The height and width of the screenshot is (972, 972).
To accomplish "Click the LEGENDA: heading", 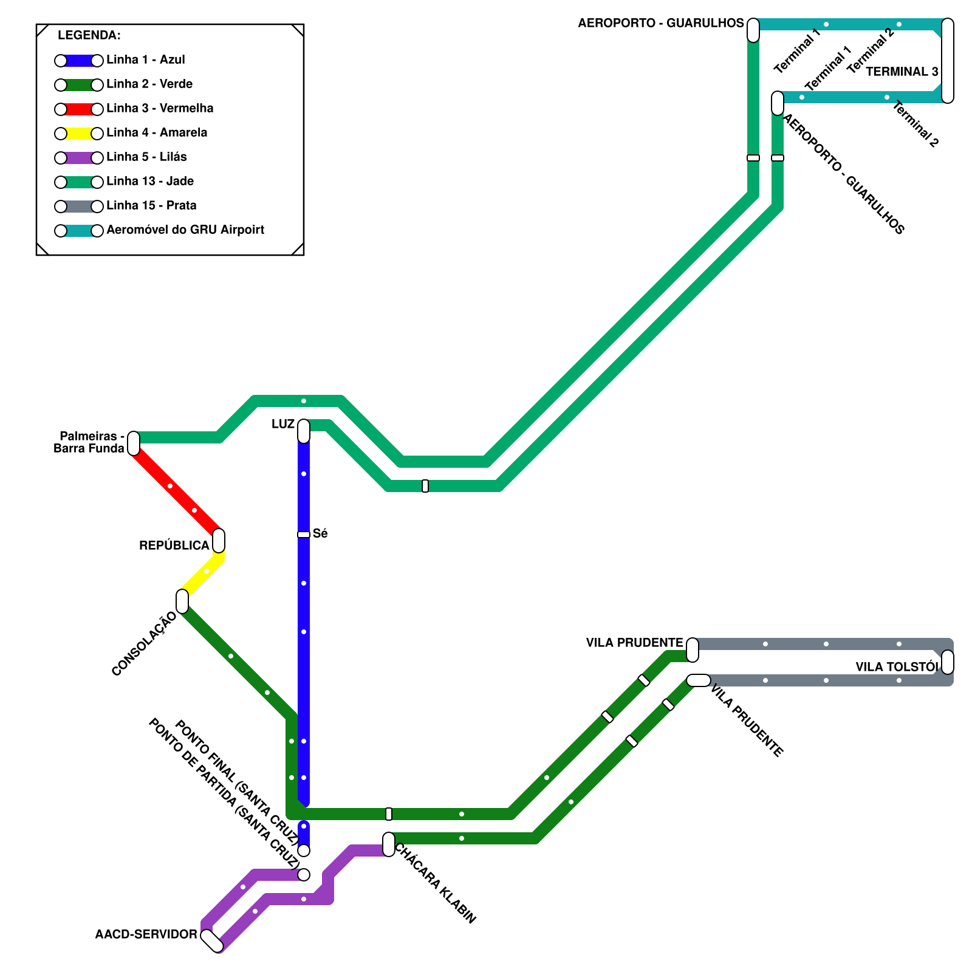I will coord(89,35).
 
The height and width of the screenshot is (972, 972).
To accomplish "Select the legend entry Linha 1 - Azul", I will coord(145,60).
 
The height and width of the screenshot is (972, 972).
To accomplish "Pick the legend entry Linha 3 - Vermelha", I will coord(160,108).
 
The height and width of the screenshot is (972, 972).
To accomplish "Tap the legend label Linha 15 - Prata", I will coord(151,205).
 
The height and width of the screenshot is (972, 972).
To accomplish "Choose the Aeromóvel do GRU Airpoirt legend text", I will coord(185,230).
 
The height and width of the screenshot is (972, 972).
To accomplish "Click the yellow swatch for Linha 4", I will coord(79,133).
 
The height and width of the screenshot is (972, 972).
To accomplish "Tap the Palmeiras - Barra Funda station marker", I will coord(134,443).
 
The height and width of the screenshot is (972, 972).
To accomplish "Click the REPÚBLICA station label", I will coord(174,546).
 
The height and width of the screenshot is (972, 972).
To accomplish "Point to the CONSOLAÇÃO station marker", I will coord(182,601).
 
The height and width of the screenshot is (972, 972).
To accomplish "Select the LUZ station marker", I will coord(304,431).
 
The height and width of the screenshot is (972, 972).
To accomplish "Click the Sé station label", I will coord(320,533).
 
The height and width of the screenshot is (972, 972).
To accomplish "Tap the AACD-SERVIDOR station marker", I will coord(212,940).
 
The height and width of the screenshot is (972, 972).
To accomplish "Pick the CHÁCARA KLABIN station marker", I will coord(389,844).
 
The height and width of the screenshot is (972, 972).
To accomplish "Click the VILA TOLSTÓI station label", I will coord(897,667).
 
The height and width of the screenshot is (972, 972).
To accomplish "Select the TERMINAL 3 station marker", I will coord(948,61).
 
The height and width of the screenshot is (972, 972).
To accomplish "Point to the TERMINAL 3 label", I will coord(902,72).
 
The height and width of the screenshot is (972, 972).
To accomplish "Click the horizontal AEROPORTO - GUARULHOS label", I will coord(661,23).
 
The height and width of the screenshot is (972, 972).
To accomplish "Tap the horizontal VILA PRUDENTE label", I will coord(635,643).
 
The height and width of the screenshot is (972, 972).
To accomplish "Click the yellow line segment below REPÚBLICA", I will coord(203,574).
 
